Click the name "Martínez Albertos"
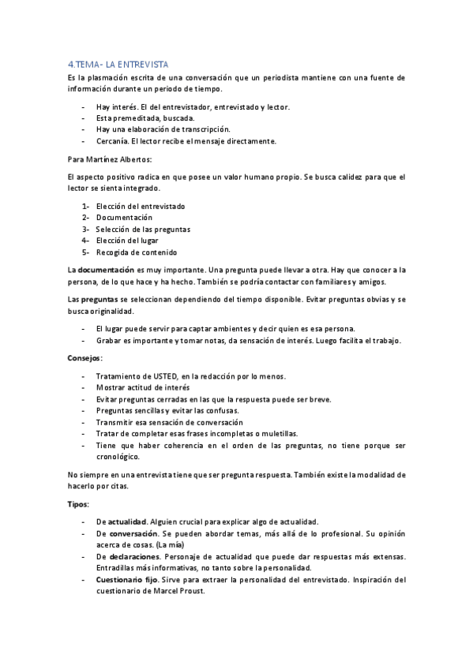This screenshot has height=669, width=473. tap(122, 159)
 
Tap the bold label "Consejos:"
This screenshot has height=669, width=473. tap(85, 358)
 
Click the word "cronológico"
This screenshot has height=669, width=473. tap(118, 457)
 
